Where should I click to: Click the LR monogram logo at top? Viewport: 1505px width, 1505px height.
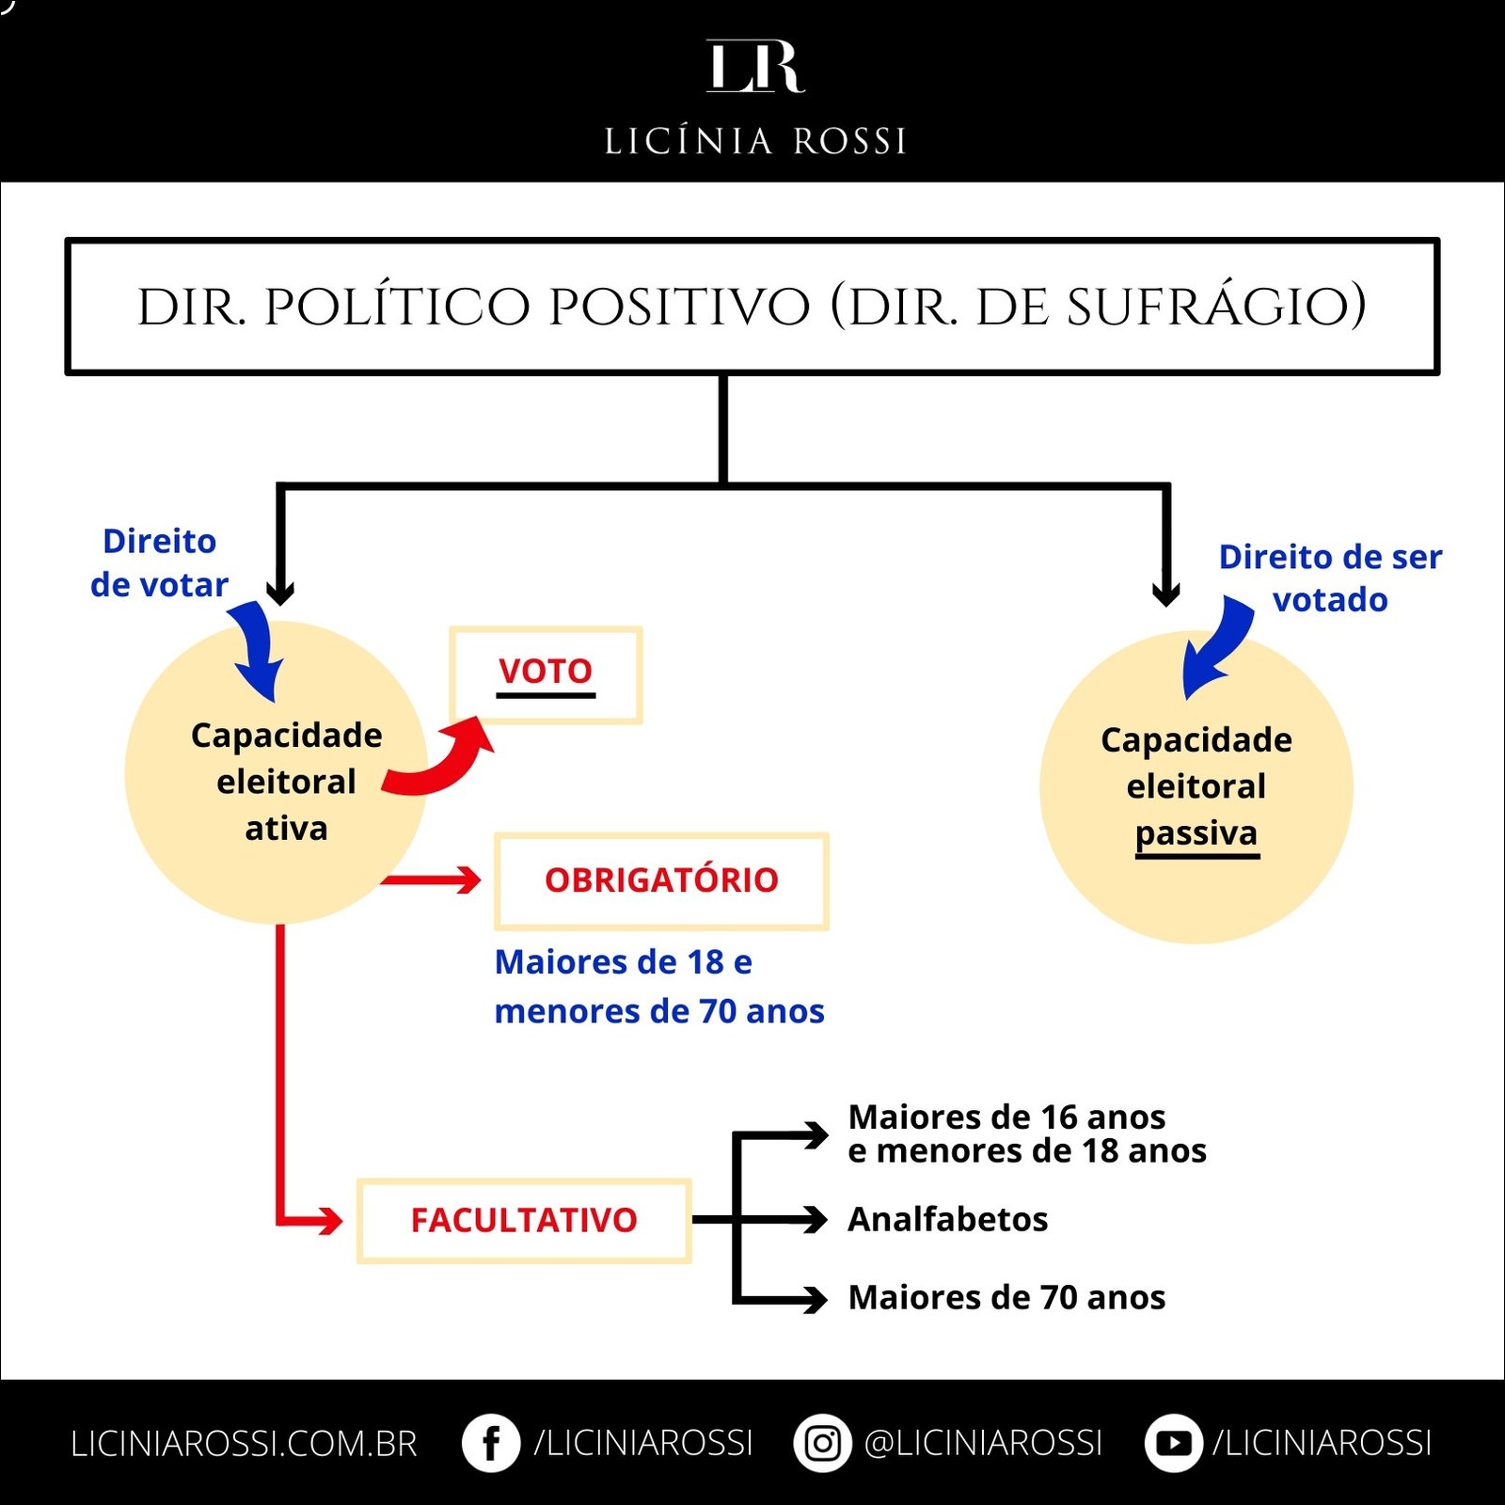[754, 67]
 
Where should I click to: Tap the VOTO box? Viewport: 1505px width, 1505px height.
[546, 673]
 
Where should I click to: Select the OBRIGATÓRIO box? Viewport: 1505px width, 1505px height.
[661, 880]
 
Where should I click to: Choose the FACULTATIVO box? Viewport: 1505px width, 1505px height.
[524, 1220]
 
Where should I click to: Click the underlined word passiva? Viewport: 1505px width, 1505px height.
[1196, 833]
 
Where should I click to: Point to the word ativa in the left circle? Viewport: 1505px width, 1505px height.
[286, 829]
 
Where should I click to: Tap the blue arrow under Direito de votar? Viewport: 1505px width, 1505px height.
[256, 649]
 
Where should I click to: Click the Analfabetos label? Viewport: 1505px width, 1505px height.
[947, 1219]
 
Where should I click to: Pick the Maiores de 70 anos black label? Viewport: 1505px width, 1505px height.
[1006, 1297]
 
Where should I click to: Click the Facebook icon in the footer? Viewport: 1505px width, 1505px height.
[490, 1443]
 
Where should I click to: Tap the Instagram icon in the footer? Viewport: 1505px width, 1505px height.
[822, 1443]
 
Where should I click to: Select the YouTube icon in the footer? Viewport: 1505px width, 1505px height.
[1173, 1443]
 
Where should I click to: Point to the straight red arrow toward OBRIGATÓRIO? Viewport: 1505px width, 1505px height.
[433, 880]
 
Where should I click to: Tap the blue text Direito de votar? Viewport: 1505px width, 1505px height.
[159, 562]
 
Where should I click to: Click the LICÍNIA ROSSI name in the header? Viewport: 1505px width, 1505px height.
[754, 141]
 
